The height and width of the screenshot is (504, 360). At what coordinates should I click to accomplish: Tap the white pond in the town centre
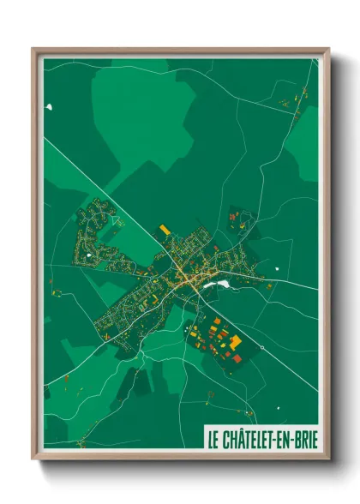[222, 284]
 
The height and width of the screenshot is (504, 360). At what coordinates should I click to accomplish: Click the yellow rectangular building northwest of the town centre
[165, 231]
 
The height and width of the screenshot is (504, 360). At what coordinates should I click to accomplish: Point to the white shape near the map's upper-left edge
[50, 107]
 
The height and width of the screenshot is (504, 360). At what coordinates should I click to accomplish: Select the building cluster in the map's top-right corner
[295, 99]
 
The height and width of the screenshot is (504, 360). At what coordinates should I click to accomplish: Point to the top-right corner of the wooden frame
[328, 49]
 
